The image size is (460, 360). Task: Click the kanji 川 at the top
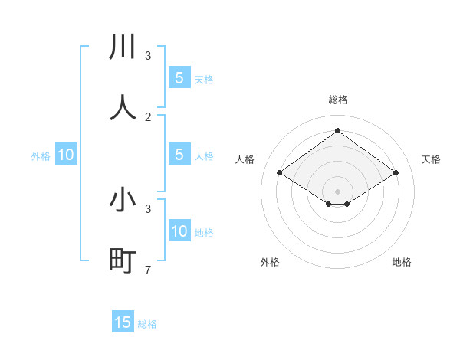pos(123,47)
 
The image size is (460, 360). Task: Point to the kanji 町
pos(123,261)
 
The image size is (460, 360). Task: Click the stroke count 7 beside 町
pos(148,270)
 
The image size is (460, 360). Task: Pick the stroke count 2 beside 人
pos(148,116)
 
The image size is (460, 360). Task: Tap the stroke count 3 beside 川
pos(148,55)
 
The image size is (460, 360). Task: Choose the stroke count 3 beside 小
pos(148,208)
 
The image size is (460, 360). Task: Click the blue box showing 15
pos(123,322)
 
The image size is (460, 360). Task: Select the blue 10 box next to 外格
pos(66,155)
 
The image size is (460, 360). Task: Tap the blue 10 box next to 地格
pos(179,232)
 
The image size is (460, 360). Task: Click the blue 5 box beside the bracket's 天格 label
pos(179,78)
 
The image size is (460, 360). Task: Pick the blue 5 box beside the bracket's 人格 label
pos(179,155)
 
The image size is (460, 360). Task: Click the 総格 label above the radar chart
pos(337,100)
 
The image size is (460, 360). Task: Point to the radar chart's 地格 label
pos(402,262)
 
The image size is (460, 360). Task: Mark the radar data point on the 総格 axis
pos(337,131)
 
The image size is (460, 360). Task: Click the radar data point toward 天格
pos(396,173)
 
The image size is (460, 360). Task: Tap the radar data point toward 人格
pos(279,173)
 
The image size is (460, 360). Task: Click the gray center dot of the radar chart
pos(337,191)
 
